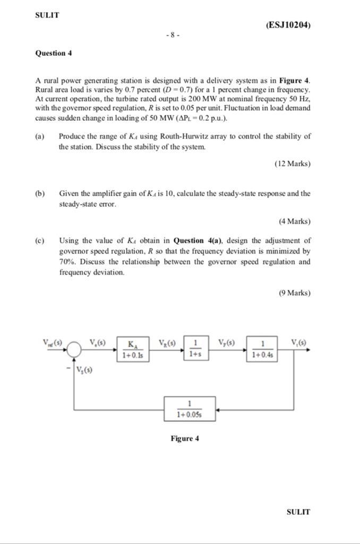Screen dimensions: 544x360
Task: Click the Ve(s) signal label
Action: (97, 342)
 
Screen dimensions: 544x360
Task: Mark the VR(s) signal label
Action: (168, 342)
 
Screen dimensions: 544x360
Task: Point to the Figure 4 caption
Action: (184, 438)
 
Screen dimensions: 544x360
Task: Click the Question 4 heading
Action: (53, 53)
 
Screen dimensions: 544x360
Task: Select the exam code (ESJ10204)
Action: (287, 25)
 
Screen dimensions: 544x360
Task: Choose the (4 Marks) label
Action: (294, 221)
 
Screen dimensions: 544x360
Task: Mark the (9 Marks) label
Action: (294, 293)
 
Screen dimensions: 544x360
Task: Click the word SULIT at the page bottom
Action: (298, 512)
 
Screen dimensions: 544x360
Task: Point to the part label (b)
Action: (40, 193)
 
